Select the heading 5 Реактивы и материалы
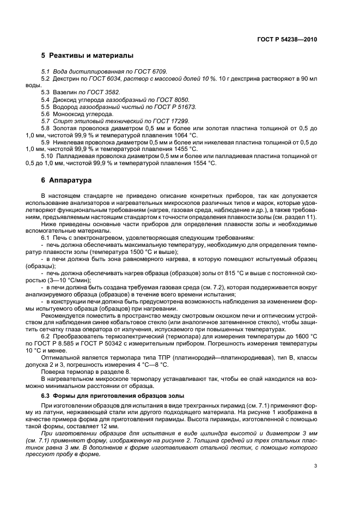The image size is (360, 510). click(x=87, y=56)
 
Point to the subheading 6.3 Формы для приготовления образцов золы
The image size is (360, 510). click(x=113, y=394)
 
